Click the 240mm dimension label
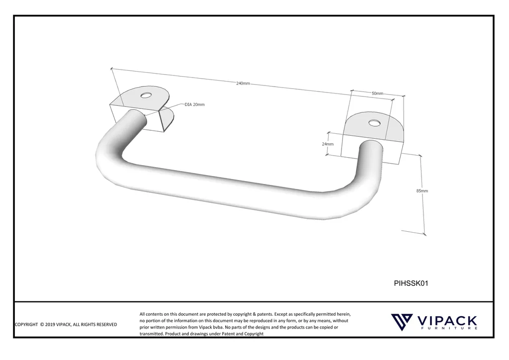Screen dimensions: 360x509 pos(243,84)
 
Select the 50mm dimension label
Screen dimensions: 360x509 pos(377,93)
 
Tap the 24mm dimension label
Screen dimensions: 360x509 pos(328,144)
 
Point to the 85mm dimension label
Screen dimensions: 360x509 pos(422,191)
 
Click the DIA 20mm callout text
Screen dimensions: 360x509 pos(194,105)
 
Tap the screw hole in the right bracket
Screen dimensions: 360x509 pos(373,123)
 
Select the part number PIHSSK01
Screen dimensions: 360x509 pos(411,283)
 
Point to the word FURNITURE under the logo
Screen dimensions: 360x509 pos(449,329)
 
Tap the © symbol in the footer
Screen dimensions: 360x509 pos(42,325)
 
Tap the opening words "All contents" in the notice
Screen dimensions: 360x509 pos(151,314)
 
